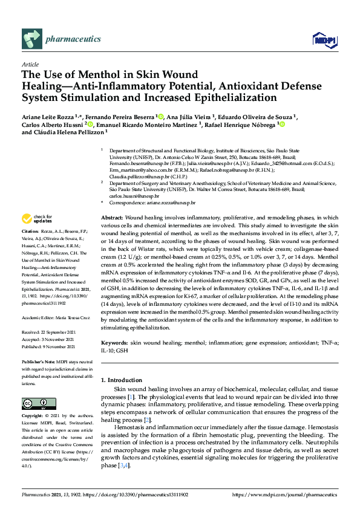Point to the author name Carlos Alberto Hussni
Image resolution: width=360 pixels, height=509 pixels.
[51, 125]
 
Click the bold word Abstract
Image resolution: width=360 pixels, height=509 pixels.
[112, 200]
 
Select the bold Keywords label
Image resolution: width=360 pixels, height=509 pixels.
[114, 343]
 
